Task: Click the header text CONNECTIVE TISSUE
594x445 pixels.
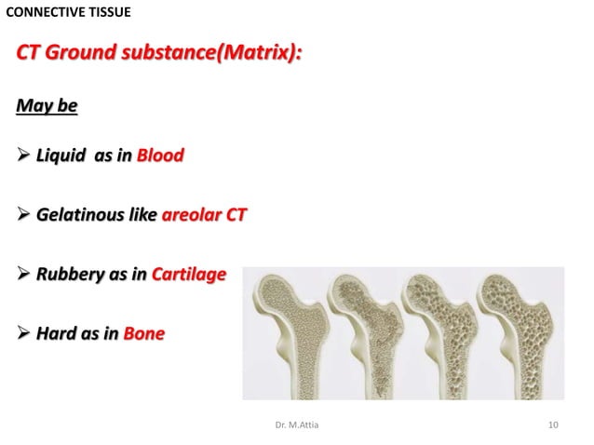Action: [x=69, y=12]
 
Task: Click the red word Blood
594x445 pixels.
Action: [x=160, y=155]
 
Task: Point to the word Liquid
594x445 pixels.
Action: [x=60, y=155]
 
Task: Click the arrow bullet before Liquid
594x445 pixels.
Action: [x=23, y=155]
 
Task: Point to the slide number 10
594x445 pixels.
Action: [x=554, y=425]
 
